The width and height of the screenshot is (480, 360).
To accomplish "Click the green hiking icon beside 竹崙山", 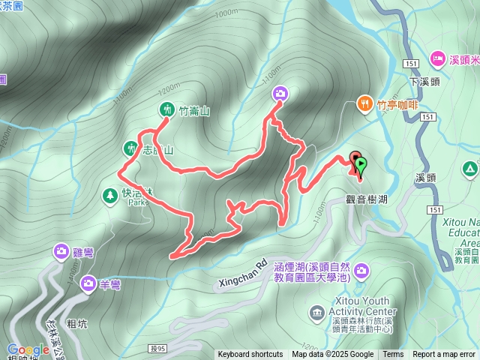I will (x=166, y=109).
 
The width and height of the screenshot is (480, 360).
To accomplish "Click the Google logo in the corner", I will (x=28, y=349).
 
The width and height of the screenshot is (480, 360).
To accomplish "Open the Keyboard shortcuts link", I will (x=250, y=355).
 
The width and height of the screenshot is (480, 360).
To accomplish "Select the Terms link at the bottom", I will (x=393, y=355).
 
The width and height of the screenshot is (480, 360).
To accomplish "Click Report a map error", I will (x=444, y=355).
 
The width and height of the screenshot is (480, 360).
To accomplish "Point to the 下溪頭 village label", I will (x=424, y=80).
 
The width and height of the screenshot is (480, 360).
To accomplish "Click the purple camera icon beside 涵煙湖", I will (x=361, y=269).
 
